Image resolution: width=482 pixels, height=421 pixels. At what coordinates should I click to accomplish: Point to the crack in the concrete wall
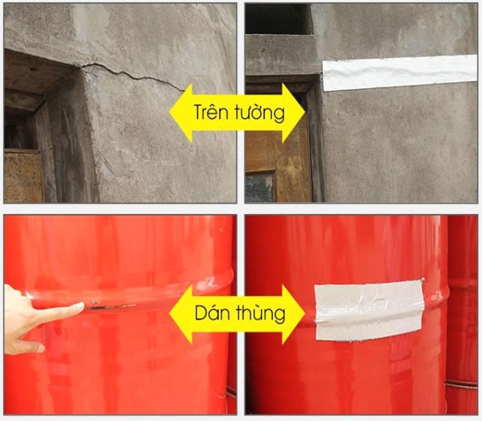132,74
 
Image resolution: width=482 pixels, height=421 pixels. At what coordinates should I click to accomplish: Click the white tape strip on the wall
400,73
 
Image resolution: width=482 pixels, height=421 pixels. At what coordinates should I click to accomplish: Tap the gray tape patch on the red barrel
369,310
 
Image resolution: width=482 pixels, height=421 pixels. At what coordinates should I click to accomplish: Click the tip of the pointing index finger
83,305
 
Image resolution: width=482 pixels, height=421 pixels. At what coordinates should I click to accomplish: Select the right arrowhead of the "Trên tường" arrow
293,112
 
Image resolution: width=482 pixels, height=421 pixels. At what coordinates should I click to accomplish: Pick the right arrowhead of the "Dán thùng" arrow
293,313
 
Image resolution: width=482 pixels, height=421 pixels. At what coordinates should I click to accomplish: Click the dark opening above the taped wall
278,19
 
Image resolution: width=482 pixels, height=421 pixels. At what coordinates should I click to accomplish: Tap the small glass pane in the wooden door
259,188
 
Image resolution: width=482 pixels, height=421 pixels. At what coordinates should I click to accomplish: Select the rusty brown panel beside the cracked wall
24,176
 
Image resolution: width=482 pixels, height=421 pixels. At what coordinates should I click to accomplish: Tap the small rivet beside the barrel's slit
95,302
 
